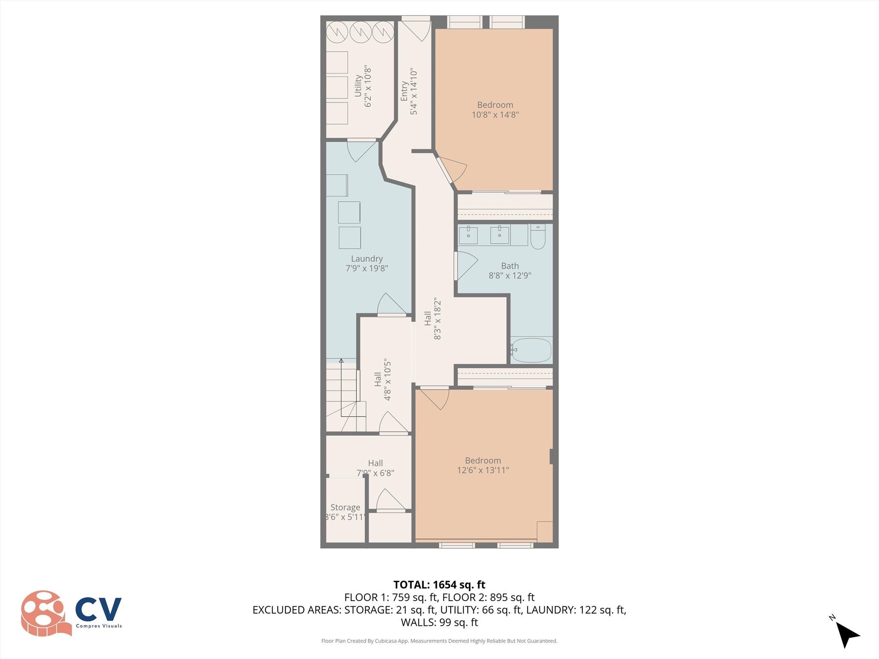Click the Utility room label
pyautogui.click(x=358, y=86)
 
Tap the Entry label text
pyautogui.click(x=404, y=91)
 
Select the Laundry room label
pyautogui.click(x=367, y=259)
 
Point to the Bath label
pyautogui.click(x=510, y=266)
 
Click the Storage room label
pyautogui.click(x=345, y=508)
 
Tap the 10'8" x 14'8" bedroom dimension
pyautogui.click(x=495, y=115)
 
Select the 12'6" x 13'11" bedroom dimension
pyautogui.click(x=483, y=470)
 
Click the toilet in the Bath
pyautogui.click(x=537, y=236)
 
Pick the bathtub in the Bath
pyautogui.click(x=531, y=350)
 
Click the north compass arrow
pyautogui.click(x=847, y=635)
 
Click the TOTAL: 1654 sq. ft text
pyautogui.click(x=439, y=585)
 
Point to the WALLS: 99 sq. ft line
pyautogui.click(x=439, y=623)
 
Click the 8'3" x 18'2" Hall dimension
pyautogui.click(x=437, y=318)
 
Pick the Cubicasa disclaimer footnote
pyautogui.click(x=439, y=641)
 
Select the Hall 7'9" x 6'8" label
pyautogui.click(x=375, y=468)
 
